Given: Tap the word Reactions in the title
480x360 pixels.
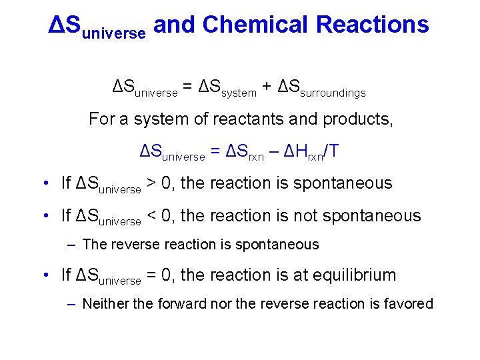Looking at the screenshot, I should pos(373,25).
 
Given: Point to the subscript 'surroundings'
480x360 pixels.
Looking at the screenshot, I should pos(333,93).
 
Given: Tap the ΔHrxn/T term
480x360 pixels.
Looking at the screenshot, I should pos(311,152).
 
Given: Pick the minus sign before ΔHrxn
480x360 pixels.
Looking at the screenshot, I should pos(273,153).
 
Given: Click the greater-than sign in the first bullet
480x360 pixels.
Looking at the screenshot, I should pos(153,183).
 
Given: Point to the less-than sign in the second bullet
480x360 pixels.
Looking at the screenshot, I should pos(153,215).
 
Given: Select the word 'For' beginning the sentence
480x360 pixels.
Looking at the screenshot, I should pos(102,119).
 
